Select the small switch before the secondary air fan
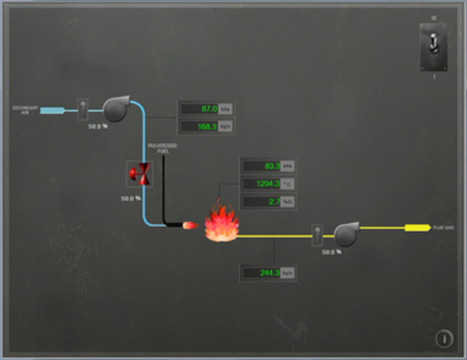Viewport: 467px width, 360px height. pyautogui.click(x=83, y=109)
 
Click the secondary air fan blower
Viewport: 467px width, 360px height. pyautogui.click(x=117, y=109)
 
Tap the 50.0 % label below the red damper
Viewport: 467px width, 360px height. pyautogui.click(x=130, y=198)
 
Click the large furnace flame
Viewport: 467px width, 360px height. pyautogui.click(x=219, y=224)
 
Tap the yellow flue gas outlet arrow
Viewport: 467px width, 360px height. pyautogui.click(x=418, y=228)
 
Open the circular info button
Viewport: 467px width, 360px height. pyautogui.click(x=444, y=338)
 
